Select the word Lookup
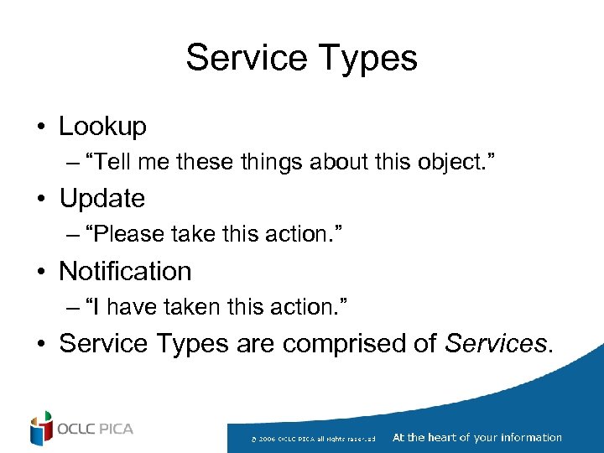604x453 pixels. click(x=102, y=127)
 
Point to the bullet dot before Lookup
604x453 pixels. click(x=40, y=128)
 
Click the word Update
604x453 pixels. click(x=102, y=199)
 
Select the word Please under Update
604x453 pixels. click(x=127, y=235)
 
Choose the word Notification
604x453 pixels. click(x=125, y=271)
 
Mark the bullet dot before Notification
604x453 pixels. click(x=40, y=272)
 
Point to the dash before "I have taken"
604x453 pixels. click(x=73, y=308)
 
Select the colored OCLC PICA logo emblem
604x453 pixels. click(x=41, y=429)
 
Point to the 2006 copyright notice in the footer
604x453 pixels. click(x=319, y=439)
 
